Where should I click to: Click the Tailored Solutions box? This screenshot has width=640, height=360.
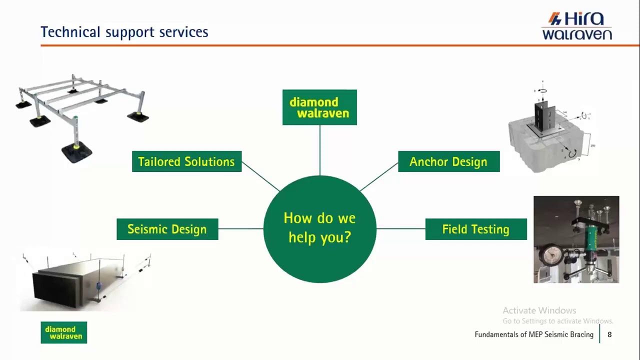tap(186, 161)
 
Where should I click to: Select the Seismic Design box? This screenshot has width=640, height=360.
tap(167, 229)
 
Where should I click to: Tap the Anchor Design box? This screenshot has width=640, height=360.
tap(448, 161)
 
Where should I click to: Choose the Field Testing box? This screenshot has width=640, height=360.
tap(475, 229)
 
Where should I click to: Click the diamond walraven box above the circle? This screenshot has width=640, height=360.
tap(319, 107)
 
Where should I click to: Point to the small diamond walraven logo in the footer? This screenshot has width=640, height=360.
tap(64, 332)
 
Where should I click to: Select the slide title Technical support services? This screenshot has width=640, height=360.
tap(124, 32)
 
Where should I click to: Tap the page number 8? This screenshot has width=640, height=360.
tap(609, 334)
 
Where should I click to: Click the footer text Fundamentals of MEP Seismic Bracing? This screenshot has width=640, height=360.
tap(534, 334)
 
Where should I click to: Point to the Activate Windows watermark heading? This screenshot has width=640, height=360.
tap(539, 310)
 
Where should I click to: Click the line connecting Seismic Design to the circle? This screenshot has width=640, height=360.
tap(240, 229)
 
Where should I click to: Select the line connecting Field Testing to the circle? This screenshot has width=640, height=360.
tap(400, 229)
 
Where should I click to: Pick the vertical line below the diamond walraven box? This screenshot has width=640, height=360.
tap(319, 150)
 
